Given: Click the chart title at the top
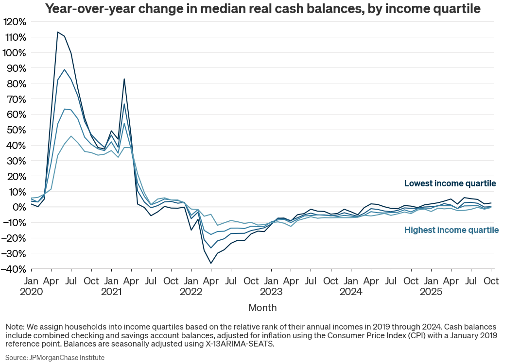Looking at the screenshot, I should pos(262,9).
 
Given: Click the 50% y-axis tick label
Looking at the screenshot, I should pos(16,130).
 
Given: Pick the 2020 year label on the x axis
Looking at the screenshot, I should pos(31,292).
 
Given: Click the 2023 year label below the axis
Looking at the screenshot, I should pos(271,292).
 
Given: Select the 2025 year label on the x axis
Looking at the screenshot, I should pos(431,292).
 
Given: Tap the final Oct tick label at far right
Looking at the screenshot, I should pos(491,281).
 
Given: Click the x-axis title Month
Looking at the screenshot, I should pos(262,308).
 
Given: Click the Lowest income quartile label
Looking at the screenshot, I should pos(450,183).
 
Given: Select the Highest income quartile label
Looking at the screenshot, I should pos(451,230).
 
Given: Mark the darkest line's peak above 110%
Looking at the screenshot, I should pos(58,32).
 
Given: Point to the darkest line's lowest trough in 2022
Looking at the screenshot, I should pos(211,264).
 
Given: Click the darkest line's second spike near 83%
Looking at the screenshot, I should pos(124,79).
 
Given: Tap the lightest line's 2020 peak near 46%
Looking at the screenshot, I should pos(71,136).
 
